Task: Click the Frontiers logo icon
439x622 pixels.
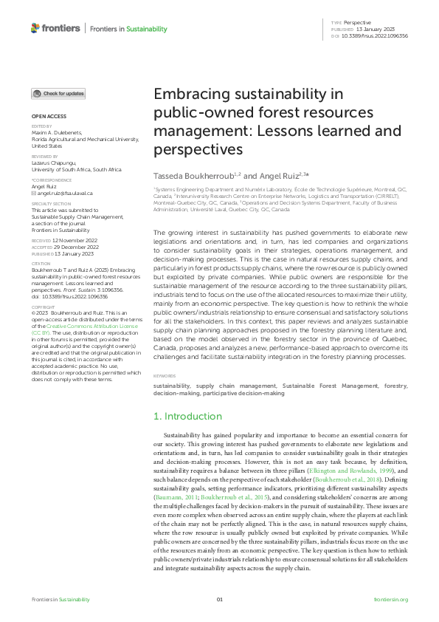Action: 35,28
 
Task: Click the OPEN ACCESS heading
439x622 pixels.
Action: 49,117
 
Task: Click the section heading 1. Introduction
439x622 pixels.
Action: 187,417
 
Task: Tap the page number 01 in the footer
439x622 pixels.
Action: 219,599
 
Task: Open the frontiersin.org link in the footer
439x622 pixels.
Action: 391,599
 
